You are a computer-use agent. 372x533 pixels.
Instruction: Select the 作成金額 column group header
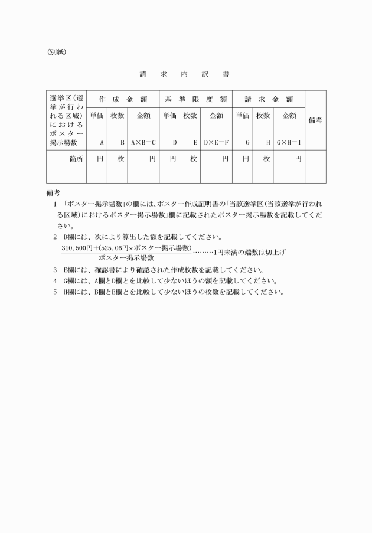123,99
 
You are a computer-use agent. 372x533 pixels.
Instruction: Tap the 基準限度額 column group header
195,99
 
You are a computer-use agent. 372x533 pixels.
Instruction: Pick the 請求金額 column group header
269,99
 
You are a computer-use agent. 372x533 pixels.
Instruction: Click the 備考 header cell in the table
315,120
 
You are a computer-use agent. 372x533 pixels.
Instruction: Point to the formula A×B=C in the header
143,143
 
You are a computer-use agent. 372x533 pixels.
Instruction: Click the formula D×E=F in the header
216,143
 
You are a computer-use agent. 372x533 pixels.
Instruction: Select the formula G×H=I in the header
289,143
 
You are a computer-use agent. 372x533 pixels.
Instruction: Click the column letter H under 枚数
268,143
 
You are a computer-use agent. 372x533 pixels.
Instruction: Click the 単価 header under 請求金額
243,116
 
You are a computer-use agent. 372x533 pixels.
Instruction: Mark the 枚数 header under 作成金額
117,116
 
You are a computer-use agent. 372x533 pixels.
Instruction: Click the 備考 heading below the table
53,192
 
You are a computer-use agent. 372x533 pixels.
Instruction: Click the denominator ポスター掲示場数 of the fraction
126,258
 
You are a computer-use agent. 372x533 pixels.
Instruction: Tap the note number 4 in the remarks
54,280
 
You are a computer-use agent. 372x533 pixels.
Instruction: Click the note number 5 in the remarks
54,292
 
